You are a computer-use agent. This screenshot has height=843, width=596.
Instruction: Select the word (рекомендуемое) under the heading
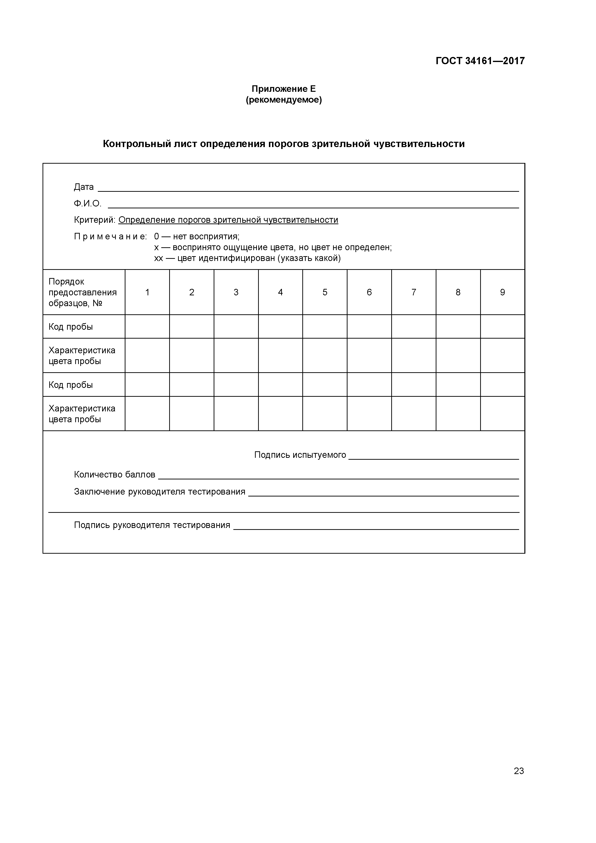pos(284,100)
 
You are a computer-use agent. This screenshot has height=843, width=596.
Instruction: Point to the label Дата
pos(84,187)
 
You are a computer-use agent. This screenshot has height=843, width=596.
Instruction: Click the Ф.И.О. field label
pos(87,204)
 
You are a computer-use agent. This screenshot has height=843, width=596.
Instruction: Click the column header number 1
pos(147,292)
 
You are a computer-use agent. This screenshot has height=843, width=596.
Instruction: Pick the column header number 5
pos(325,292)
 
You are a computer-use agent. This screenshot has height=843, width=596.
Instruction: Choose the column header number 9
pos(502,292)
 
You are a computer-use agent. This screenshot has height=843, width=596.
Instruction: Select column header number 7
pos(414,292)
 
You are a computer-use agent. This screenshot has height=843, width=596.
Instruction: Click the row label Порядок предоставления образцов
pos(82,292)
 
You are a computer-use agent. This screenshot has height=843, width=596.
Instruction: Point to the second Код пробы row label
pos(70,385)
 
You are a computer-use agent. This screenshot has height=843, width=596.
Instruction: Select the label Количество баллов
pos(115,475)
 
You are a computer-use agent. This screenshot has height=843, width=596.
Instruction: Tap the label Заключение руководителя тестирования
pos(159,492)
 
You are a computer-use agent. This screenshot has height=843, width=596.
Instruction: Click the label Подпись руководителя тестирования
pos(152,525)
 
